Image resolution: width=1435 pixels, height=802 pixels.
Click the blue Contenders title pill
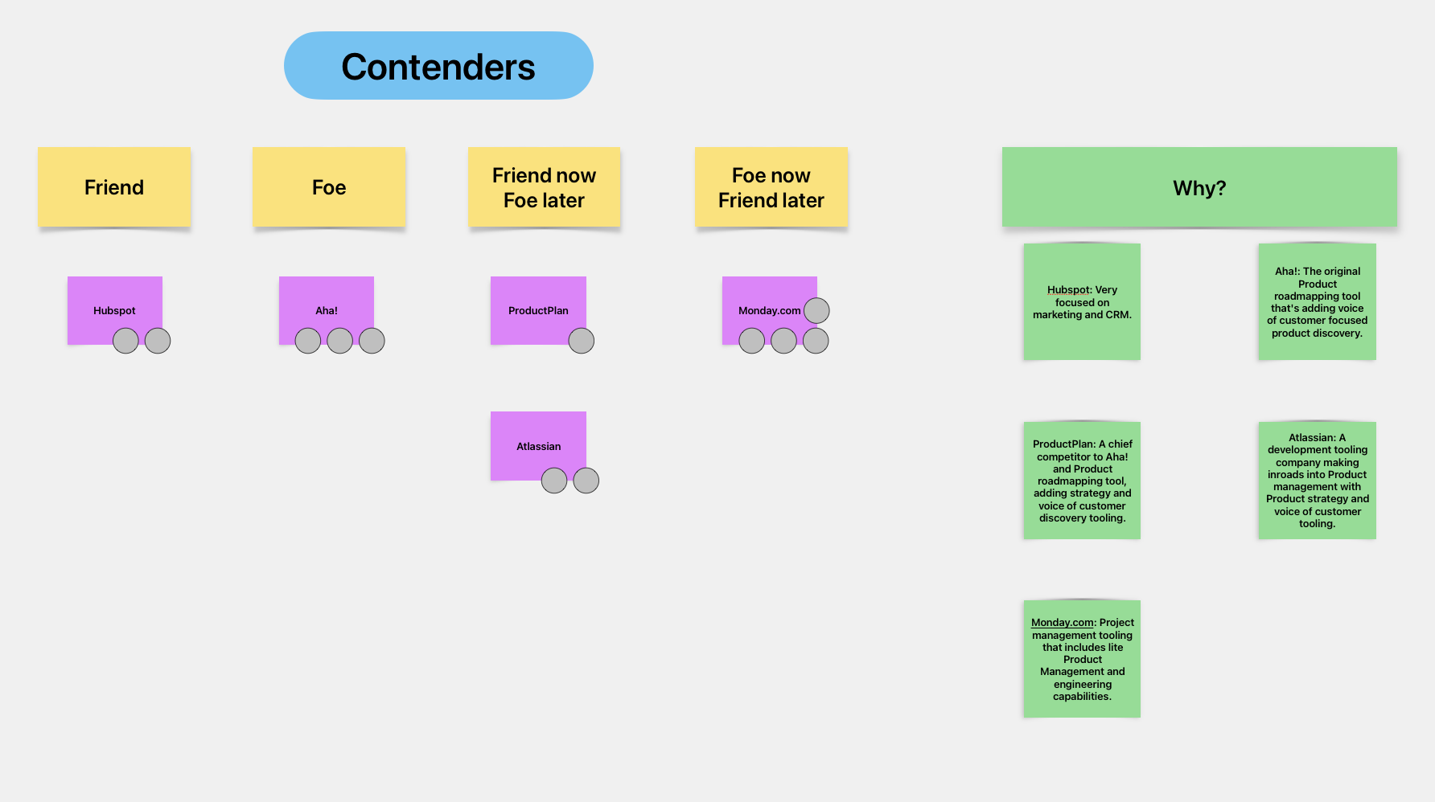438,66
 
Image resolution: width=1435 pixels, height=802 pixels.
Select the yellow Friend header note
114,187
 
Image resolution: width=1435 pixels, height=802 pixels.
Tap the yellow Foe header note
329,187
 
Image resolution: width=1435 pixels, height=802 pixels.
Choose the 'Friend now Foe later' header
544,187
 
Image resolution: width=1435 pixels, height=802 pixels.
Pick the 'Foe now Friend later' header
771,187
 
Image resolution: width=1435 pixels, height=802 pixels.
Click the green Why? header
1199,187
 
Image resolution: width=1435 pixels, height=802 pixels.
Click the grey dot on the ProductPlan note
581,341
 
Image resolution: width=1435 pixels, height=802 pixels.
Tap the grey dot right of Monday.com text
816,310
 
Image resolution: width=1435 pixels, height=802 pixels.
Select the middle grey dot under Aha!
339,341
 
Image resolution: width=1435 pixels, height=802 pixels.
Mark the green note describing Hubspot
1082,301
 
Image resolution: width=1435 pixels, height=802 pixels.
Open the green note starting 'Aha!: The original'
1317,301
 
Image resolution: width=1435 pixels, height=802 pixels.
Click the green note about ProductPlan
1082,481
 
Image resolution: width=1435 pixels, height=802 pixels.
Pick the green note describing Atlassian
1317,481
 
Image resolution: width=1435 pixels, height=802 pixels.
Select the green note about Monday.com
1082,659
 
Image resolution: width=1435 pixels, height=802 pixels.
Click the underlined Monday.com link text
1062,622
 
